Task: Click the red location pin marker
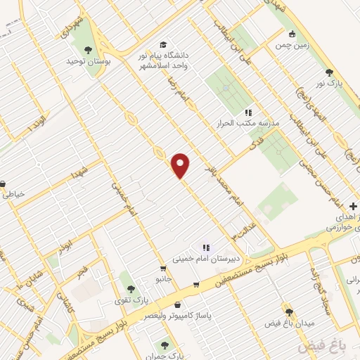[181, 165]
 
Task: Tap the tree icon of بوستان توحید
[88, 49]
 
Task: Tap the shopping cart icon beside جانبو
[163, 268]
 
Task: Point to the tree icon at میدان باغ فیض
[289, 311]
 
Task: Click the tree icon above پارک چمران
[165, 345]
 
